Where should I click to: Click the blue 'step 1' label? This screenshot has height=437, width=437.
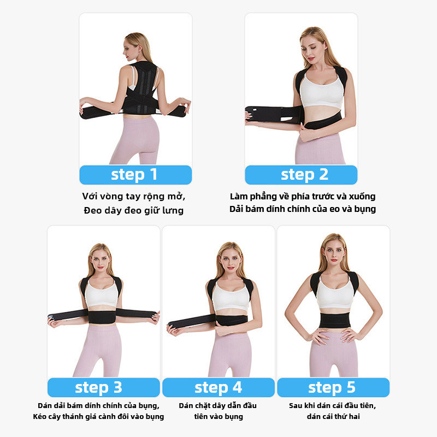pos(135,175)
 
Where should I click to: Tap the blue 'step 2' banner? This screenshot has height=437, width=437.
pos(301,175)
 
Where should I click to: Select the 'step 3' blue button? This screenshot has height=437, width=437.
pos(104,387)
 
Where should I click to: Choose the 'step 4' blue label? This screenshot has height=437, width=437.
pos(218,387)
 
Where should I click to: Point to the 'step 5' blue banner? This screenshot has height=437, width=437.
pos(333,387)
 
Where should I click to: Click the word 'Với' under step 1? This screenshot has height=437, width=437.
pos(90,196)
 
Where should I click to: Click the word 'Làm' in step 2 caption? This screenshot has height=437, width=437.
pos(239,196)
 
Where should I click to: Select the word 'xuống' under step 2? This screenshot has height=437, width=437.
pos(362,197)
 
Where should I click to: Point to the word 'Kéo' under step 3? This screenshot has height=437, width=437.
pos(39,416)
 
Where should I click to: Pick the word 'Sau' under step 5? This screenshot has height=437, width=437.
pos(296,405)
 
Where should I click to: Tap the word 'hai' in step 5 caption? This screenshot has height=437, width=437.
pos(353,416)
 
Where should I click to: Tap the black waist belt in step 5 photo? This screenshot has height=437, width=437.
pos(335,320)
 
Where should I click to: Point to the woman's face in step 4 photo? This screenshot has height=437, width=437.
pos(230,261)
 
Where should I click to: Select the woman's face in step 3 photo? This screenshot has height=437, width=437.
pos(101,262)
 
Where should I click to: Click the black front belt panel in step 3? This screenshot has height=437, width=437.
pos(102,317)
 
